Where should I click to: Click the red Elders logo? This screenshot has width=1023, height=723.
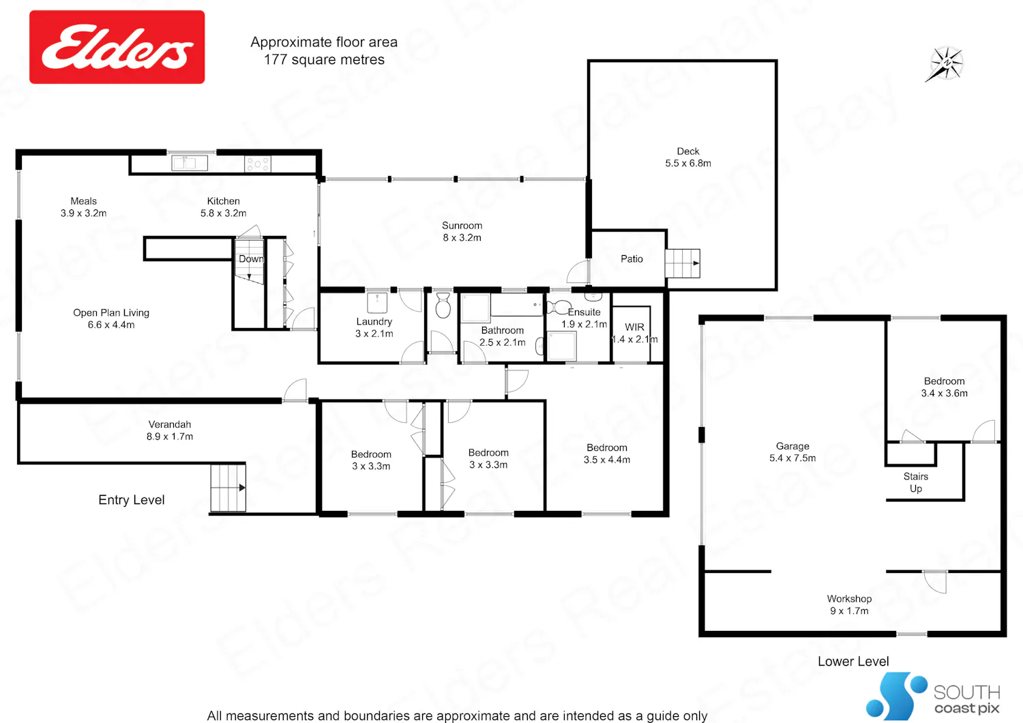117,47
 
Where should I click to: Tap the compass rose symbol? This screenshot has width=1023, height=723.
945,64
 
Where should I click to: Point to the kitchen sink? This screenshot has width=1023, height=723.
190,163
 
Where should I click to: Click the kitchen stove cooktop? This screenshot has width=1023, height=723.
258,164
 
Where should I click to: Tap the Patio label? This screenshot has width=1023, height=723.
632,259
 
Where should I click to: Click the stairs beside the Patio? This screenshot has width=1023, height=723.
682,263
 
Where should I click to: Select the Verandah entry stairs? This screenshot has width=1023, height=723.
228,488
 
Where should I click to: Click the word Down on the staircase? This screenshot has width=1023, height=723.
251,259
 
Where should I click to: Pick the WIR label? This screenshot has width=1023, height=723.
634,327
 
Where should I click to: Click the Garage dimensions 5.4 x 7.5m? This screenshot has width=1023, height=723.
792,458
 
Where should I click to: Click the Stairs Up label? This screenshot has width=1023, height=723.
916,482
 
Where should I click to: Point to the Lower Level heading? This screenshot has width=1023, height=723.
853,662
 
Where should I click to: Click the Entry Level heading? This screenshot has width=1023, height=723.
132,500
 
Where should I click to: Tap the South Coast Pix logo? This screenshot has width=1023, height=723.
932,696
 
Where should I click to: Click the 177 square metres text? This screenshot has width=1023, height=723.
324,60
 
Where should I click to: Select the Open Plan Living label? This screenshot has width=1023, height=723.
111,319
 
